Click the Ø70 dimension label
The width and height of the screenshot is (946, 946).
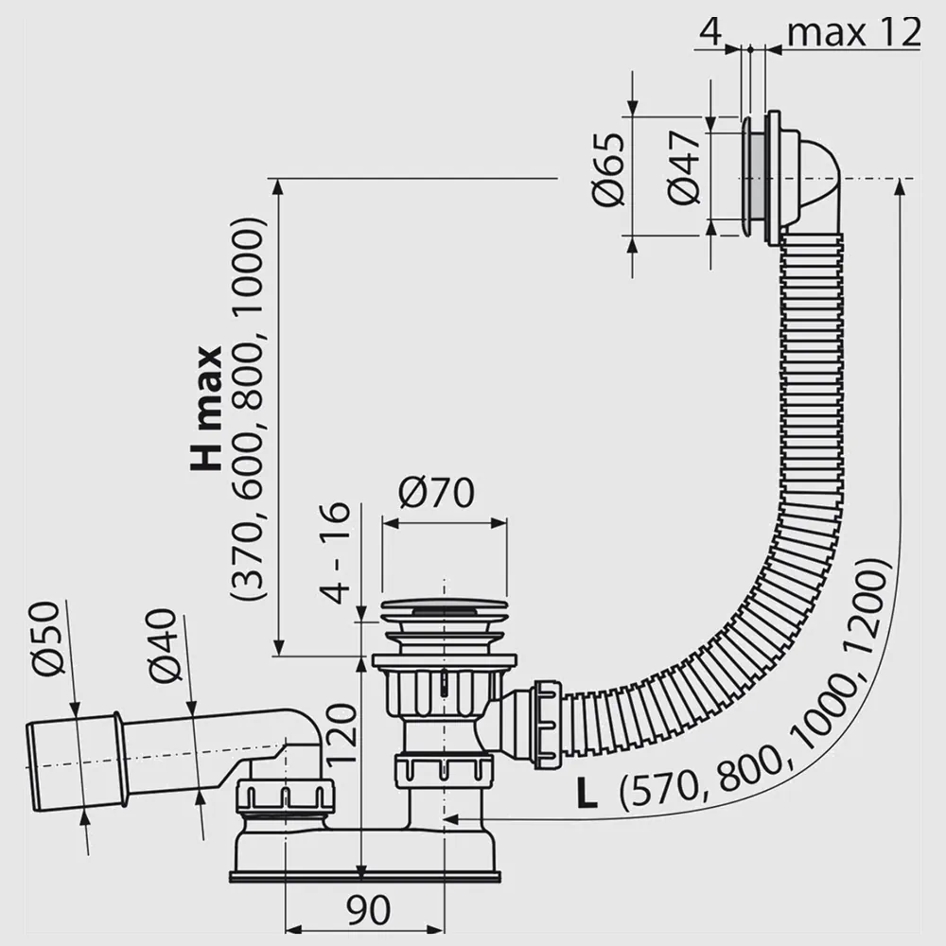click(436, 493)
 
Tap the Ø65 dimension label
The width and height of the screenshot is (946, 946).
click(608, 170)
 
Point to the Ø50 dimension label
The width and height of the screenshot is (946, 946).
click(45, 639)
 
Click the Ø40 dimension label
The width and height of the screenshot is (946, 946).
click(163, 645)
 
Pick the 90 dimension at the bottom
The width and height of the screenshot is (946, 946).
click(369, 910)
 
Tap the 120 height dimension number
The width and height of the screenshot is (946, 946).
click(342, 734)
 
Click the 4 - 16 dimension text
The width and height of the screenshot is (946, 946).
click(335, 553)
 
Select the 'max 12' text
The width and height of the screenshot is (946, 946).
click(854, 32)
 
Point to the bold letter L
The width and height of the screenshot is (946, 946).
click(587, 794)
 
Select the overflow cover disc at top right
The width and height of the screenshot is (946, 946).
click(748, 178)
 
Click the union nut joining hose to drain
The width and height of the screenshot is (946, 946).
click(547, 725)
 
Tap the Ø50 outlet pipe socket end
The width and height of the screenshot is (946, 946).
click(76, 762)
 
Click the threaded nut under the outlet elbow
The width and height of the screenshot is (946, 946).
click(286, 796)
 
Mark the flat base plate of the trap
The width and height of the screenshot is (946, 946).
click(365, 877)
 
